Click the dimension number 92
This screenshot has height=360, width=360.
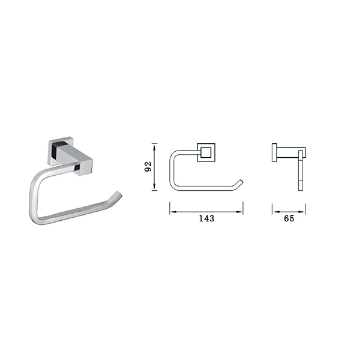(148, 167)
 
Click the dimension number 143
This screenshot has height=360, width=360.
(206, 218)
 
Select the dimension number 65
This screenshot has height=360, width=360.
(289, 218)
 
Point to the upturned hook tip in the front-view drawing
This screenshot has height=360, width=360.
(241, 181)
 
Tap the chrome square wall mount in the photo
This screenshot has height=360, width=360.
(70, 155)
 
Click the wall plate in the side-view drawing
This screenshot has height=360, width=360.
(274, 152)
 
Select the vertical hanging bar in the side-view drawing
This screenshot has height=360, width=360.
(301, 170)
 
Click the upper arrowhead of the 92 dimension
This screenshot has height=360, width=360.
(155, 146)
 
